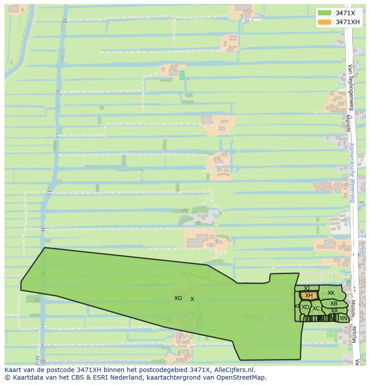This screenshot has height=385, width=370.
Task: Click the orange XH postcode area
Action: click(x=309, y=296)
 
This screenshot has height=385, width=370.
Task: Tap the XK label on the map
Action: click(x=331, y=293)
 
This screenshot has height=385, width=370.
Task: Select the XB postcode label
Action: click(x=334, y=304)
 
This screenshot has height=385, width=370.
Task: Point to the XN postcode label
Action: click(x=343, y=318)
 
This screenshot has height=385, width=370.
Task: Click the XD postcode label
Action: click(x=305, y=307)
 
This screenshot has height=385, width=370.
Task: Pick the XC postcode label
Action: click(x=316, y=309)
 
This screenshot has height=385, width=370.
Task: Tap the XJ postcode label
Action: click(x=307, y=288)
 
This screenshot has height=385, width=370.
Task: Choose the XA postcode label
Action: click(x=334, y=311)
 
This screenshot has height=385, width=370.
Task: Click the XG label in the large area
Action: click(x=178, y=298)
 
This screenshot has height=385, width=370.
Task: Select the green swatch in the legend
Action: click(x=325, y=13)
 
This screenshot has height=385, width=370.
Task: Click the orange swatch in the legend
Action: click(x=325, y=22)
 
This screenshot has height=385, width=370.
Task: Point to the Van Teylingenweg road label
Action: click(x=350, y=87)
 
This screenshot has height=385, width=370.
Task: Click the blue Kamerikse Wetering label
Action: click(x=352, y=173)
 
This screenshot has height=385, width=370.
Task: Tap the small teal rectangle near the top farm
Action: click(x=182, y=75)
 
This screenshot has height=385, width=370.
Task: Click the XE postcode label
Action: click(x=297, y=306)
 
